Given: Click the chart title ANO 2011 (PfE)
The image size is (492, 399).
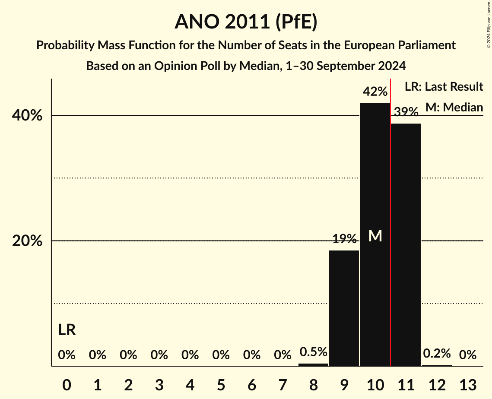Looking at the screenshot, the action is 246,22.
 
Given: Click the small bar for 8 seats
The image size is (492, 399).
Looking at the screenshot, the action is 313,365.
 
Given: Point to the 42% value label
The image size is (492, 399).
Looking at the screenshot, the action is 375,92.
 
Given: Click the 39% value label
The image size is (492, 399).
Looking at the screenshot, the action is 406,112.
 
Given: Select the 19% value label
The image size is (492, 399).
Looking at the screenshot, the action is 344,239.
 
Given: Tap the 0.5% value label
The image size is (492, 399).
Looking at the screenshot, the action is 313,352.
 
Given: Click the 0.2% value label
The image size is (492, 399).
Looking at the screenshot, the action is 437,354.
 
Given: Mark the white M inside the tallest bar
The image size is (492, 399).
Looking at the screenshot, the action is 375,236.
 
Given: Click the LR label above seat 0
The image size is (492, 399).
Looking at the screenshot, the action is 67,330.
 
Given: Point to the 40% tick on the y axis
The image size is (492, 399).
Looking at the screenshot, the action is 27,116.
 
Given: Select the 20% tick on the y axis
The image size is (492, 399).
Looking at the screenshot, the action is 27,241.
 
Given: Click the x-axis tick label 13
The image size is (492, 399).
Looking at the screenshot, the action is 467,384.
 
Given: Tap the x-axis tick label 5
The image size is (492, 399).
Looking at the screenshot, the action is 221,384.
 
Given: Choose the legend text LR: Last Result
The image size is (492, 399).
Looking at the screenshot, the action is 444,87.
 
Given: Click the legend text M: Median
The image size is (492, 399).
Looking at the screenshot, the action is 454,107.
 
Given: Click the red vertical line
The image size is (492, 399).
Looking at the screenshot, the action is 390,216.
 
